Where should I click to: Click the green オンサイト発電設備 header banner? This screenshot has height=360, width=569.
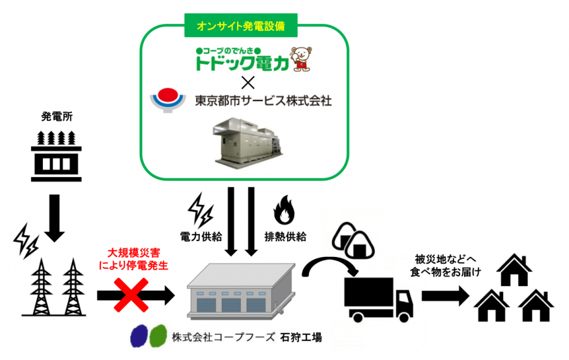241,25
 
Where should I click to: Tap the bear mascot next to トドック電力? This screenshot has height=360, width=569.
302,59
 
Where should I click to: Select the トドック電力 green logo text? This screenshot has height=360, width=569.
242,62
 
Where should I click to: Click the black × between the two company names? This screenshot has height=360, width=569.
248,83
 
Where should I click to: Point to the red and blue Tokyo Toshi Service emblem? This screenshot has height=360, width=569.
168,99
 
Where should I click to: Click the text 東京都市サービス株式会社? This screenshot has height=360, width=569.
264,101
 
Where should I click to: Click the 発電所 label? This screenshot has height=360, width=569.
57,116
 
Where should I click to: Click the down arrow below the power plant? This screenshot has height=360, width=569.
54,218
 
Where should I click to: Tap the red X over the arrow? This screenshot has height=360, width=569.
132,295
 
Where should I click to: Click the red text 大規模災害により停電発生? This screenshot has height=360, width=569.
133,259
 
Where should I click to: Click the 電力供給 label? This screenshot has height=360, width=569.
201,237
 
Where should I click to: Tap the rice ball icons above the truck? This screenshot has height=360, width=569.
353,240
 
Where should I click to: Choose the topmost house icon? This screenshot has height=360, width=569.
514,270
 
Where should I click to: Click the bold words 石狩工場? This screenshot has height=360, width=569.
301,338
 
